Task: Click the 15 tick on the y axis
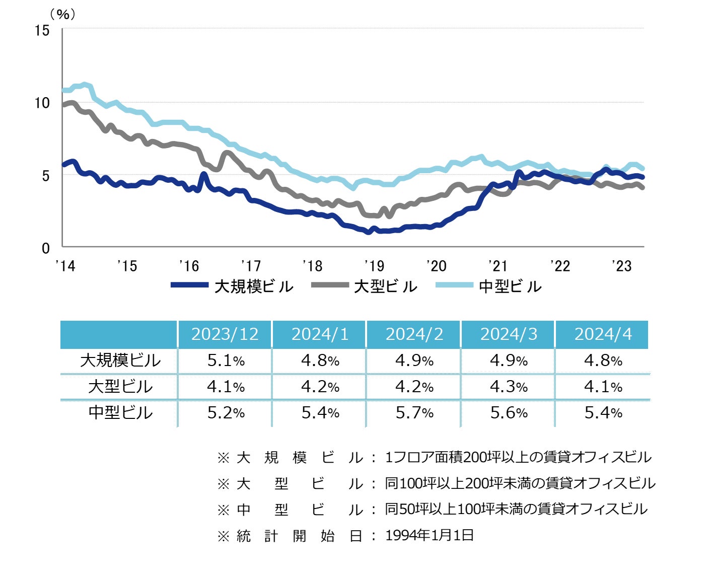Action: tap(42, 31)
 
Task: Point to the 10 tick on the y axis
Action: tap(42, 103)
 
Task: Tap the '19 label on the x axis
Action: tap(374, 266)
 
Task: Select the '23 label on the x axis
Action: tap(622, 266)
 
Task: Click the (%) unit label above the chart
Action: tap(62, 14)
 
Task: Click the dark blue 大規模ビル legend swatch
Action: tap(189, 285)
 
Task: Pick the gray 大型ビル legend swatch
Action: tap(330, 285)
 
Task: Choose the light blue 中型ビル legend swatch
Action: tap(454, 285)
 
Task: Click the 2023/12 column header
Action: tap(225, 334)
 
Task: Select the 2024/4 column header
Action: tap(603, 334)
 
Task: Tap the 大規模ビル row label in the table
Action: tap(120, 360)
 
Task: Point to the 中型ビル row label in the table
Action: tap(120, 412)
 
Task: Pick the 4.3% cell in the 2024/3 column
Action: tap(509, 387)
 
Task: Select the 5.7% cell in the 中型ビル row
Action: tap(414, 413)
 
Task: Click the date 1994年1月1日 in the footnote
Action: tap(430, 535)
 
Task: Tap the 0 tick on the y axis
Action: tap(46, 248)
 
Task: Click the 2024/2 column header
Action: tap(414, 334)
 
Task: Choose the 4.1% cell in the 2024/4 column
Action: tap(603, 387)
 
